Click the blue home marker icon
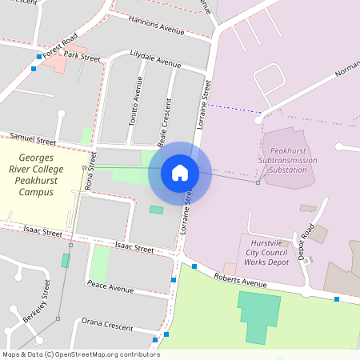[179, 173]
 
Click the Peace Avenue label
[110, 287]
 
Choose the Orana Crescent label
[106, 325]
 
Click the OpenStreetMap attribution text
[80, 354]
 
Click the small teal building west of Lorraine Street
[156, 210]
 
